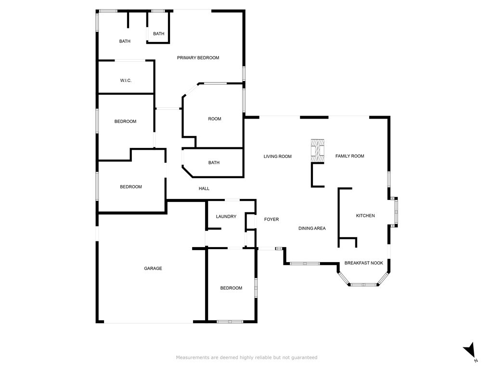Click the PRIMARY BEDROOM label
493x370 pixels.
point(198,58)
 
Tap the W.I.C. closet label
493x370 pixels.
point(126,80)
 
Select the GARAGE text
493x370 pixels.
point(153,268)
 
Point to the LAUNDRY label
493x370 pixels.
point(226,217)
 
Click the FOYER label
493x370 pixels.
point(272,220)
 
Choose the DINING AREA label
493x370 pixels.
point(312,228)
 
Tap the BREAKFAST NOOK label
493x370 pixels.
point(363,263)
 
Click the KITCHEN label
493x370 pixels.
point(365,216)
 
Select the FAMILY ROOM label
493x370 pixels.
point(350,156)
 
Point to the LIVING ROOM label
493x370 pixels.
point(278,156)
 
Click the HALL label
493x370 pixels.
point(204,188)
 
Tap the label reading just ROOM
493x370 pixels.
point(214,119)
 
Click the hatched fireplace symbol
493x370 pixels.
point(317,150)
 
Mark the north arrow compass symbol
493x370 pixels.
point(470,351)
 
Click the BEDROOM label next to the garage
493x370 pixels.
point(231,288)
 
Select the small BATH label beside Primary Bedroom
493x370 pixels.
point(159,34)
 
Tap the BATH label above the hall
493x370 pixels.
point(214,163)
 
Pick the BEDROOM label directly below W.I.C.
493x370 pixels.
point(125,121)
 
